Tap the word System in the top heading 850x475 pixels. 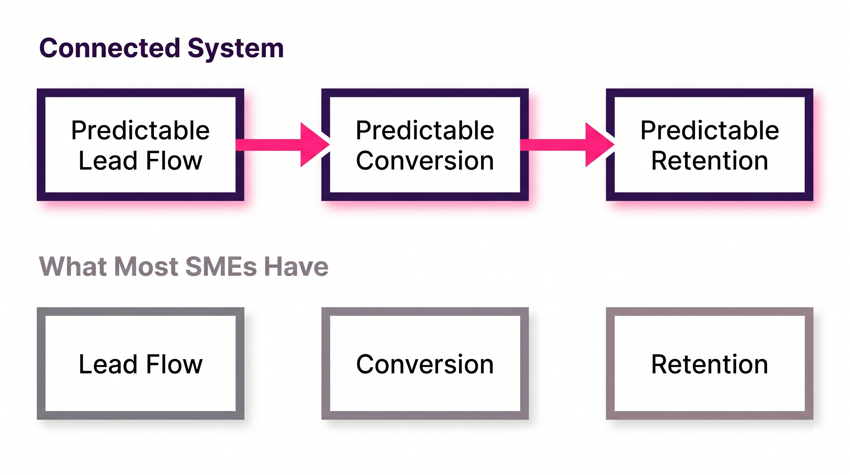pyautogui.click(x=236, y=48)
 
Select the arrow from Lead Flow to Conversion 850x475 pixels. pyautogui.click(x=280, y=145)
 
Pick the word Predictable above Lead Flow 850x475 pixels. pyautogui.click(x=140, y=130)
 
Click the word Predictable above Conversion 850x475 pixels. pyautogui.click(x=425, y=130)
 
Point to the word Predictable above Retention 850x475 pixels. pyautogui.click(x=709, y=130)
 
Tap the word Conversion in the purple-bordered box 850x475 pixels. pyautogui.click(x=425, y=160)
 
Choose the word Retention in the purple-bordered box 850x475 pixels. pyautogui.click(x=709, y=160)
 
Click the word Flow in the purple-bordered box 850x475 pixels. pyautogui.click(x=174, y=160)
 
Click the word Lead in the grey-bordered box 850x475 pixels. pyautogui.click(x=108, y=364)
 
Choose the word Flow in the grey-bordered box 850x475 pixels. pyautogui.click(x=174, y=364)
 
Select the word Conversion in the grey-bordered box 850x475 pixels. pyautogui.click(x=425, y=364)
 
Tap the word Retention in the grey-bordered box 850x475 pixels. pyautogui.click(x=709, y=364)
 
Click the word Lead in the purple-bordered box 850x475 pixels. pyautogui.click(x=108, y=160)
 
